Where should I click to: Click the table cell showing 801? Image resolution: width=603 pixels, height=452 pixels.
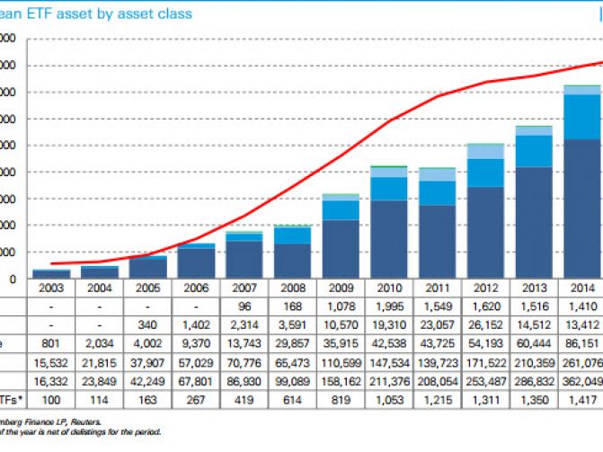[x=50, y=342]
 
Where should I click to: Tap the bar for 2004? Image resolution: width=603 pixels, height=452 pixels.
[x=98, y=272]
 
